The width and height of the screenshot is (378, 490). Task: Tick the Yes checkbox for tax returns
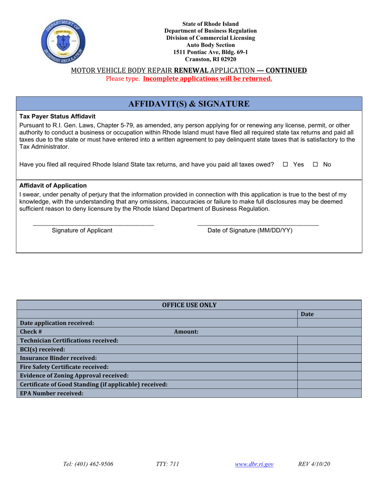285,165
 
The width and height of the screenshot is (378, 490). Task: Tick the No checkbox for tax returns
316,165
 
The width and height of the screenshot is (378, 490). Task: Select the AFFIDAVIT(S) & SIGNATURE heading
189,104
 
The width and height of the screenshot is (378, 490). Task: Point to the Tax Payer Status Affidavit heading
57,117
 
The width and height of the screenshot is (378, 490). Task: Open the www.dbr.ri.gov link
254,464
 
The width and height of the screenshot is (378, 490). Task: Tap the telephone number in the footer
88,464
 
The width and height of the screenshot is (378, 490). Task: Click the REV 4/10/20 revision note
314,464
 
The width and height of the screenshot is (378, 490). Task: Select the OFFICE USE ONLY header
189,305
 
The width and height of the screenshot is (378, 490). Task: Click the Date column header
307,314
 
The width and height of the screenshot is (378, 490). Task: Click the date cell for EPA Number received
329,393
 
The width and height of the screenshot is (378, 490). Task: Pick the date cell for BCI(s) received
329,349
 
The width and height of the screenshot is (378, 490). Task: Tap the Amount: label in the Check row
186,332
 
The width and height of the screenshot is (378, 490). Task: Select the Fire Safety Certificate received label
64,367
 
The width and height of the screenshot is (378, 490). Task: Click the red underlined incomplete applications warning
207,78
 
